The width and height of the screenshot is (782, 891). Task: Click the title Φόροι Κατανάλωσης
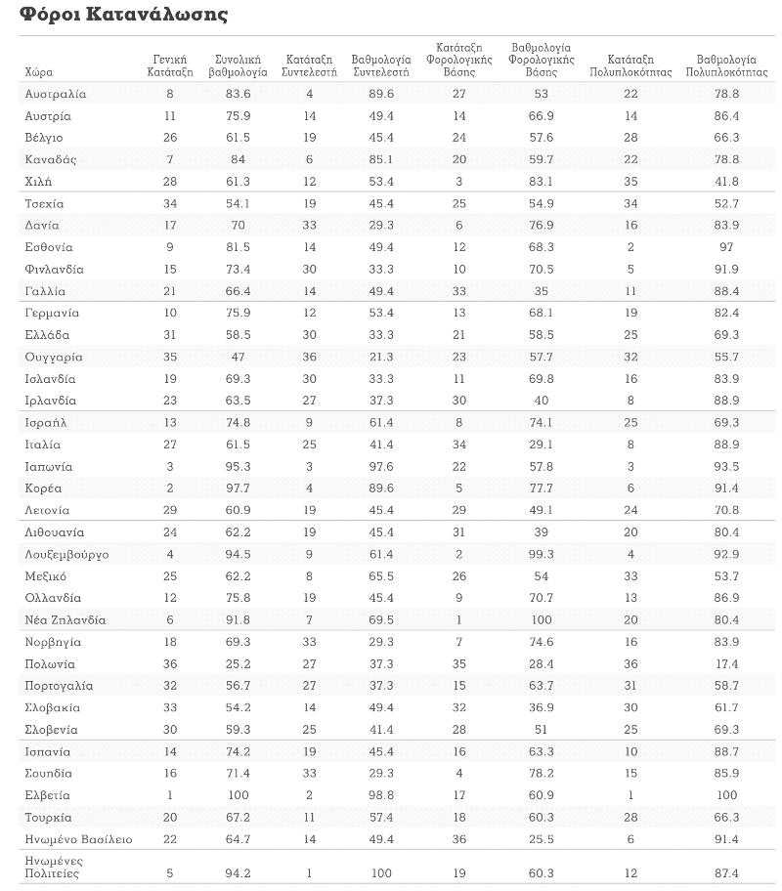tap(123, 14)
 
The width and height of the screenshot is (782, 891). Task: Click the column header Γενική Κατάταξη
tap(170, 65)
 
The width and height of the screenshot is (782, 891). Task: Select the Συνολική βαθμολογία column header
tap(238, 65)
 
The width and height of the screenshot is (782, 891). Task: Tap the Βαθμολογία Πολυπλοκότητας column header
tap(726, 65)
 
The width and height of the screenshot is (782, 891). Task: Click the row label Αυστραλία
tap(55, 94)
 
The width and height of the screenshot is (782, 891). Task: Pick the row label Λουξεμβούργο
tap(66, 555)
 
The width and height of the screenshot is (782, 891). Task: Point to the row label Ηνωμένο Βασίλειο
tap(78, 839)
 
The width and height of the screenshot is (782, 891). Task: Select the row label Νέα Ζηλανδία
tap(65, 620)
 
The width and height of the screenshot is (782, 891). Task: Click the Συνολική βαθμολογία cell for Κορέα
tap(238, 488)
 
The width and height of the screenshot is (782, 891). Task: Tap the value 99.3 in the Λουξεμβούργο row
tap(541, 554)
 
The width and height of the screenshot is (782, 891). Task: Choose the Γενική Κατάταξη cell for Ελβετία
tap(170, 795)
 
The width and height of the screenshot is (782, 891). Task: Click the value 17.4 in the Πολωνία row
tap(726, 663)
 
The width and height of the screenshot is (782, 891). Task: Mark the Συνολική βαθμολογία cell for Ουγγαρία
tap(238, 357)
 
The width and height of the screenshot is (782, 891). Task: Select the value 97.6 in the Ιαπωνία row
tap(381, 467)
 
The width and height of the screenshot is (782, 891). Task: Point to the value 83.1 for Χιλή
tap(541, 182)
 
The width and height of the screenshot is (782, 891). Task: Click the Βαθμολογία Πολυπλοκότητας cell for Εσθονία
tap(726, 247)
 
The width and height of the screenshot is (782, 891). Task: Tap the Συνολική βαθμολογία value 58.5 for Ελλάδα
tap(238, 335)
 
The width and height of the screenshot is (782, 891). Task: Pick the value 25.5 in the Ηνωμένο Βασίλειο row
tap(541, 839)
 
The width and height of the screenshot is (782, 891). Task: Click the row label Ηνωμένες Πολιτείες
tap(54, 868)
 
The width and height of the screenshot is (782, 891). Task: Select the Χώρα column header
tap(39, 72)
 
